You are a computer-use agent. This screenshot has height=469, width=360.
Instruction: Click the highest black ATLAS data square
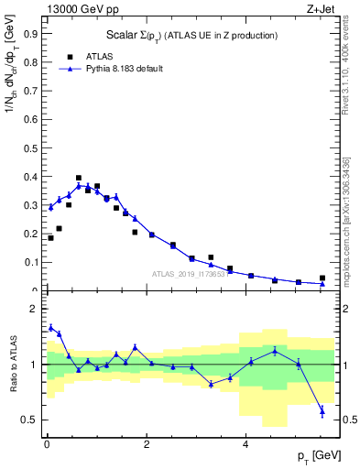pos(79,178)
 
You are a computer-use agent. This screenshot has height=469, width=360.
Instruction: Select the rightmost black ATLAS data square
pos(322,278)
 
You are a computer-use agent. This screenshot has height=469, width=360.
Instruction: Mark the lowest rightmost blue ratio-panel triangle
pos(322,411)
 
